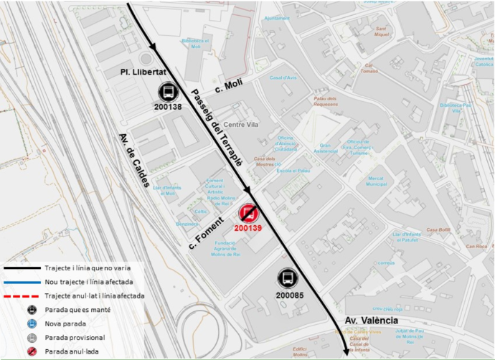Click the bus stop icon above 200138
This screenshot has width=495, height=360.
[166, 92]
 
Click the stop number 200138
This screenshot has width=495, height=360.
[167, 106]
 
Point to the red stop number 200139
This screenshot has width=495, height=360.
[248, 227]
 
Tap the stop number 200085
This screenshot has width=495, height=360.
[287, 294]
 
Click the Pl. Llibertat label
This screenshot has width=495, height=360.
[143, 72]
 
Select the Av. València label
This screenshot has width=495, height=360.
[370, 321]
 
